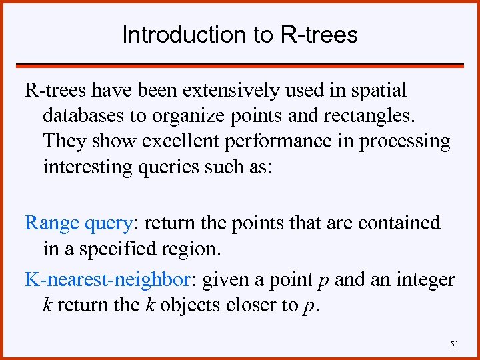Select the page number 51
pos(455,344)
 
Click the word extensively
pos(218,90)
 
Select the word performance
pos(281,141)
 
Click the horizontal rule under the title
pos(239,65)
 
